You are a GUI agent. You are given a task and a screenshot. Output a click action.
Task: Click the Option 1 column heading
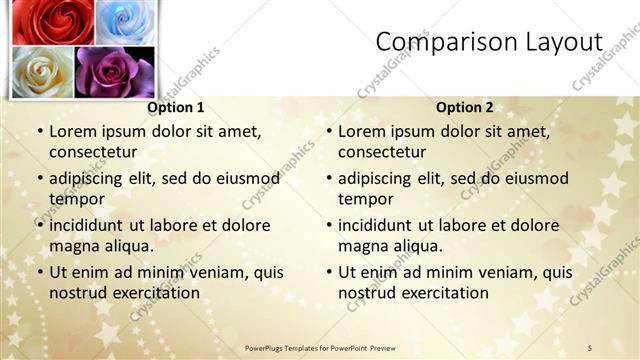click(x=176, y=107)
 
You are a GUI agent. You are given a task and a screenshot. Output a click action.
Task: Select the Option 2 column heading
click(x=465, y=107)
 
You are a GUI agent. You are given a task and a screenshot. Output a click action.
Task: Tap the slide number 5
click(x=590, y=347)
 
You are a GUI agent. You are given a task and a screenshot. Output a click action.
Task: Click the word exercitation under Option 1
click(x=154, y=293)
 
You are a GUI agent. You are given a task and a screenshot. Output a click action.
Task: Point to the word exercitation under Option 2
click(x=443, y=293)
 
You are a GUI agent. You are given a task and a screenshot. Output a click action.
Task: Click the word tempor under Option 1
click(x=77, y=199)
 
